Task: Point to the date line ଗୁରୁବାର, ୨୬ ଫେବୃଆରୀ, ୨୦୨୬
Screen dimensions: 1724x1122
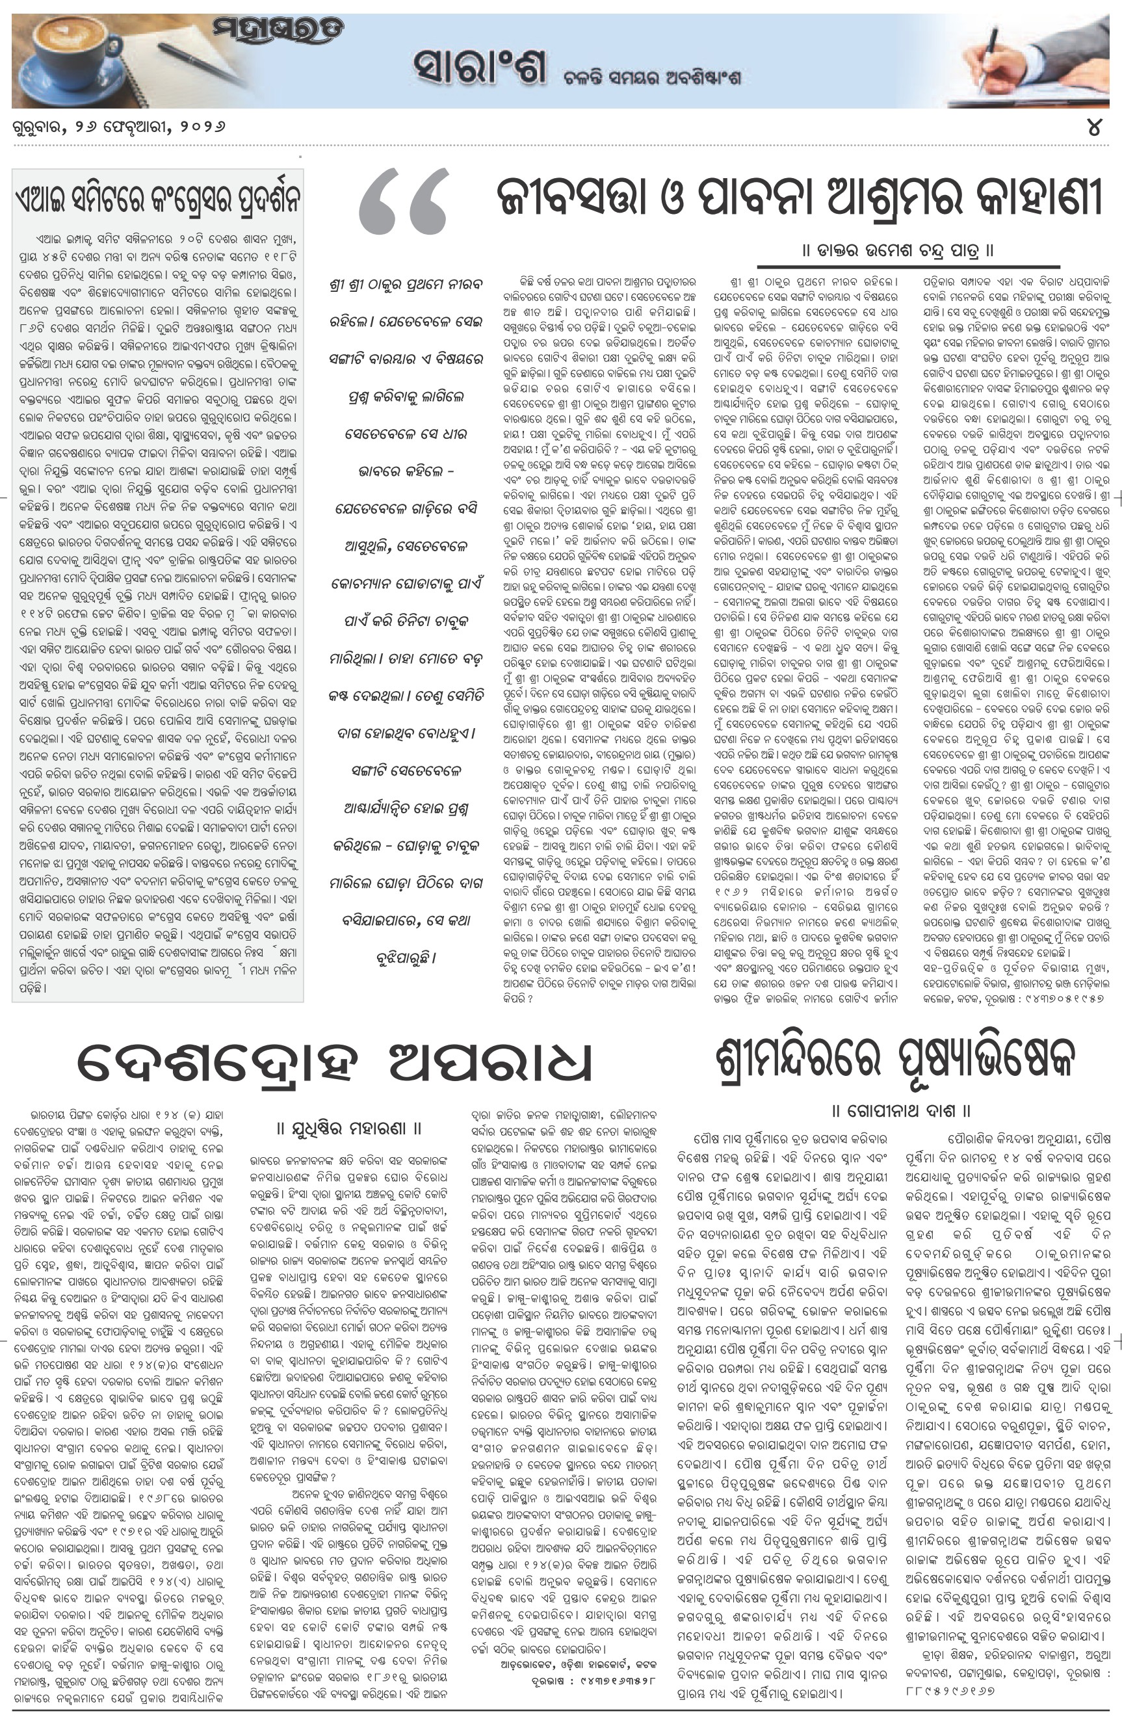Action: (x=119, y=127)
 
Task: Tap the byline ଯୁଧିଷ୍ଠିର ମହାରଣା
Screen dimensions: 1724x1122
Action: (x=349, y=1128)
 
